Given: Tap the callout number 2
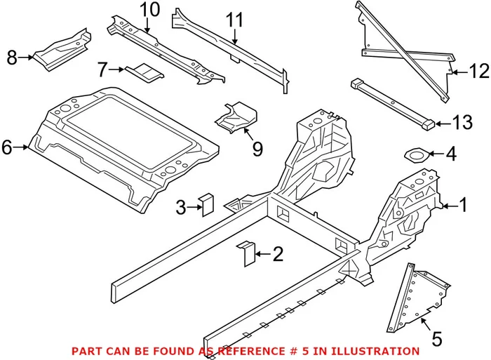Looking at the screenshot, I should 278,254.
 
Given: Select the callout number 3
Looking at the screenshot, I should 180,207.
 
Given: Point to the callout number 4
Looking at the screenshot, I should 451,153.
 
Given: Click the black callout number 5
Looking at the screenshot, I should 437,339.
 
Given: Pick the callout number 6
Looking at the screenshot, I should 8,147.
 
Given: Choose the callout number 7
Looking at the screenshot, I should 102,69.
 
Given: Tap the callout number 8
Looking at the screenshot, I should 12,58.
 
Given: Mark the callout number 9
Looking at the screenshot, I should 257,149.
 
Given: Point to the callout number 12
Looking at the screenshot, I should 478,71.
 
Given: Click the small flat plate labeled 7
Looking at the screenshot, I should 144,70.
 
